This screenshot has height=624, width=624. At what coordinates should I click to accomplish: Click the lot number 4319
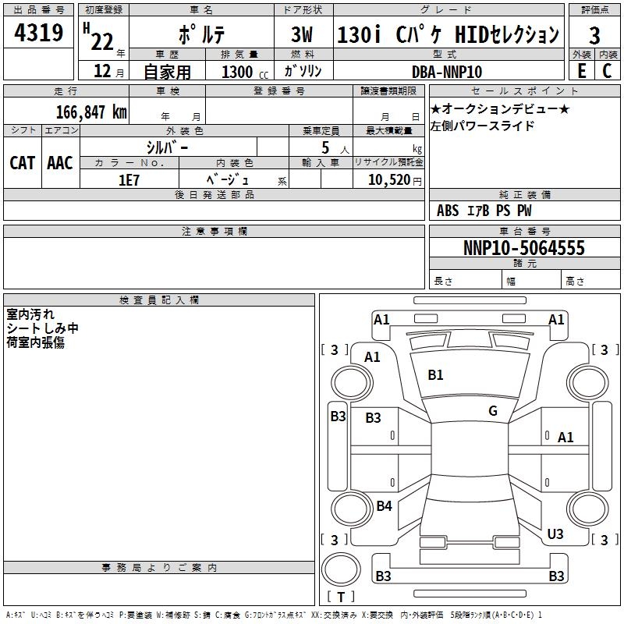point(39,34)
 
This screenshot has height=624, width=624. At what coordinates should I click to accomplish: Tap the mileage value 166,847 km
point(91,112)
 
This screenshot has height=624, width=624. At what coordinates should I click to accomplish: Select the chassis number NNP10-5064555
point(524,248)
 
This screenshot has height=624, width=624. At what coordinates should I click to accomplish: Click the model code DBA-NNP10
point(447,71)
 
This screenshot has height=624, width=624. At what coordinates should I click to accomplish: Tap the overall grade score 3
point(594,35)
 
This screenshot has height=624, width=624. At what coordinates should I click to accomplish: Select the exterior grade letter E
point(581,70)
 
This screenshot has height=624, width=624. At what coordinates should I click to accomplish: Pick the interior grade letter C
point(607,70)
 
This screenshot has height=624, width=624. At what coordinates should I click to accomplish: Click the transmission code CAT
point(22,162)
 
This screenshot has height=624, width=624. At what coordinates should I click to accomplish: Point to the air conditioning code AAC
point(60,162)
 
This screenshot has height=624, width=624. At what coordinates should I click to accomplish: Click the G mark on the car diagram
point(493,411)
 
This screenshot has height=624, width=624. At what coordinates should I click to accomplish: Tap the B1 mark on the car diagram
point(435,375)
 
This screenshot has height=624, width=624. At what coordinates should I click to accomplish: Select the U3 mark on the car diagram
point(555,534)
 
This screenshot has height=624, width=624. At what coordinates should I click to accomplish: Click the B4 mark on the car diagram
point(384,506)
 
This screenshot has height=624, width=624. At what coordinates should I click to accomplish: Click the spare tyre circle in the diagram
point(342,569)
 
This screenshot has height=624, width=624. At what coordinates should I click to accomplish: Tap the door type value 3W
point(303,34)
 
